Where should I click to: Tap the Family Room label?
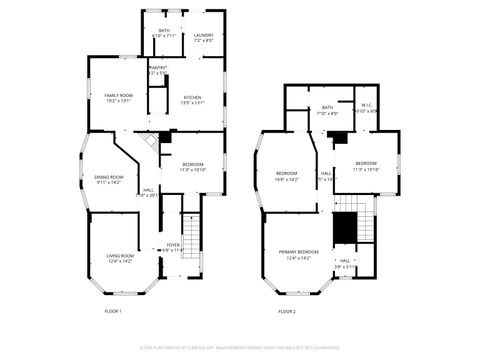click(x=118, y=95)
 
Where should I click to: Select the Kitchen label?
click(x=192, y=96)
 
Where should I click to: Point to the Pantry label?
click(x=157, y=67)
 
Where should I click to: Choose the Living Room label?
click(x=121, y=255)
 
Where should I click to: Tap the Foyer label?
click(x=174, y=244)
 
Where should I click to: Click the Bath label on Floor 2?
click(x=327, y=107)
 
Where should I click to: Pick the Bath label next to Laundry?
click(x=164, y=31)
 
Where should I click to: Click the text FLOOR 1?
click(x=113, y=311)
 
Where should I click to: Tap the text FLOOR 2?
click(x=287, y=311)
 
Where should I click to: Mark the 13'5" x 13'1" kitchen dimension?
click(x=192, y=102)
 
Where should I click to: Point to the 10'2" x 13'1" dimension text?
click(x=118, y=101)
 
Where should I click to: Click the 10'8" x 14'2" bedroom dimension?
click(x=287, y=179)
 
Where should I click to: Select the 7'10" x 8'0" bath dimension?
click(x=327, y=113)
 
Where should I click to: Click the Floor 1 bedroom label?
click(x=193, y=164)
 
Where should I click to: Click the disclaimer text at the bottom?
click(x=240, y=348)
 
